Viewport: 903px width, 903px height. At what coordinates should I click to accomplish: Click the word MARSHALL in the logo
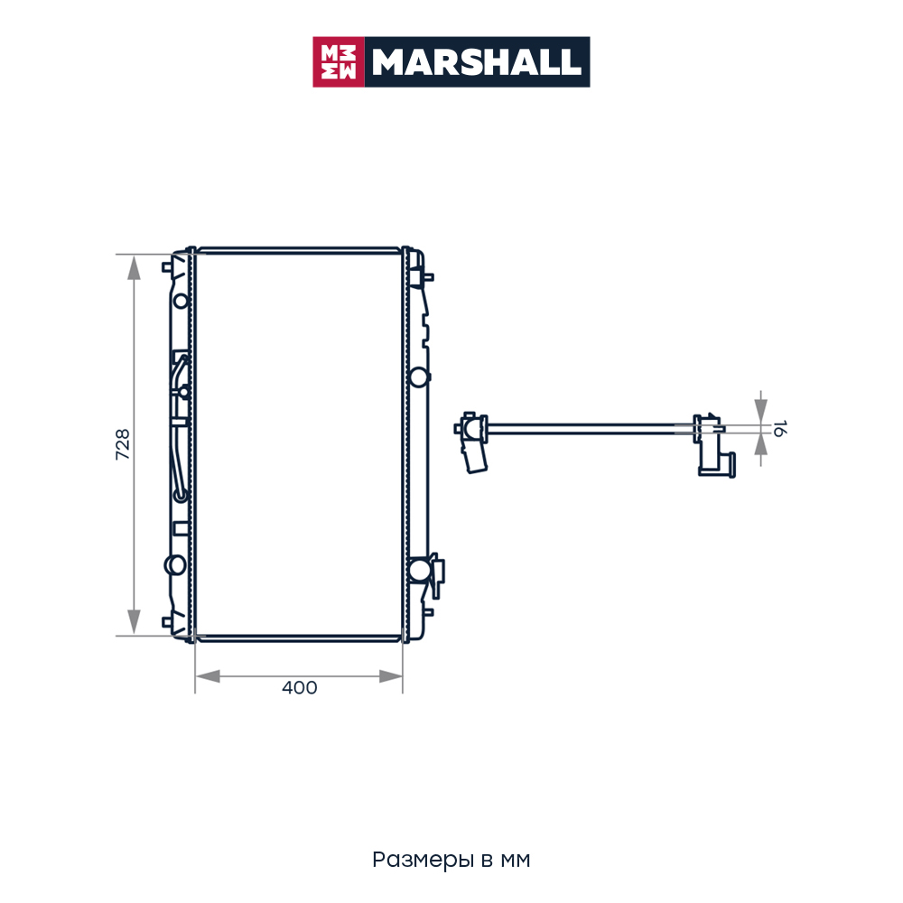coord(476,62)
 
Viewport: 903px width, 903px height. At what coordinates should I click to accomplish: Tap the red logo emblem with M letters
coord(339,62)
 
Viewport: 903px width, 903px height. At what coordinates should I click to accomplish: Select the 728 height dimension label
coord(123,444)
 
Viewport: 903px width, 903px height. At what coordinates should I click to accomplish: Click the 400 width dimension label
coord(300,687)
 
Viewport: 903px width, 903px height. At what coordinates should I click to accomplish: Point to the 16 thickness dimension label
coord(779,428)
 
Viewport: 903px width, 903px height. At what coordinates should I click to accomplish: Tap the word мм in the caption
coord(516,861)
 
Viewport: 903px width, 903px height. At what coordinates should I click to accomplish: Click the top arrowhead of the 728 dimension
coord(134,268)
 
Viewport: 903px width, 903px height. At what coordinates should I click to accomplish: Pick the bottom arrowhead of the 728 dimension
coord(134,622)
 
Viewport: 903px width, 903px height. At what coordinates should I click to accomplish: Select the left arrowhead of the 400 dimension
coord(208,676)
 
